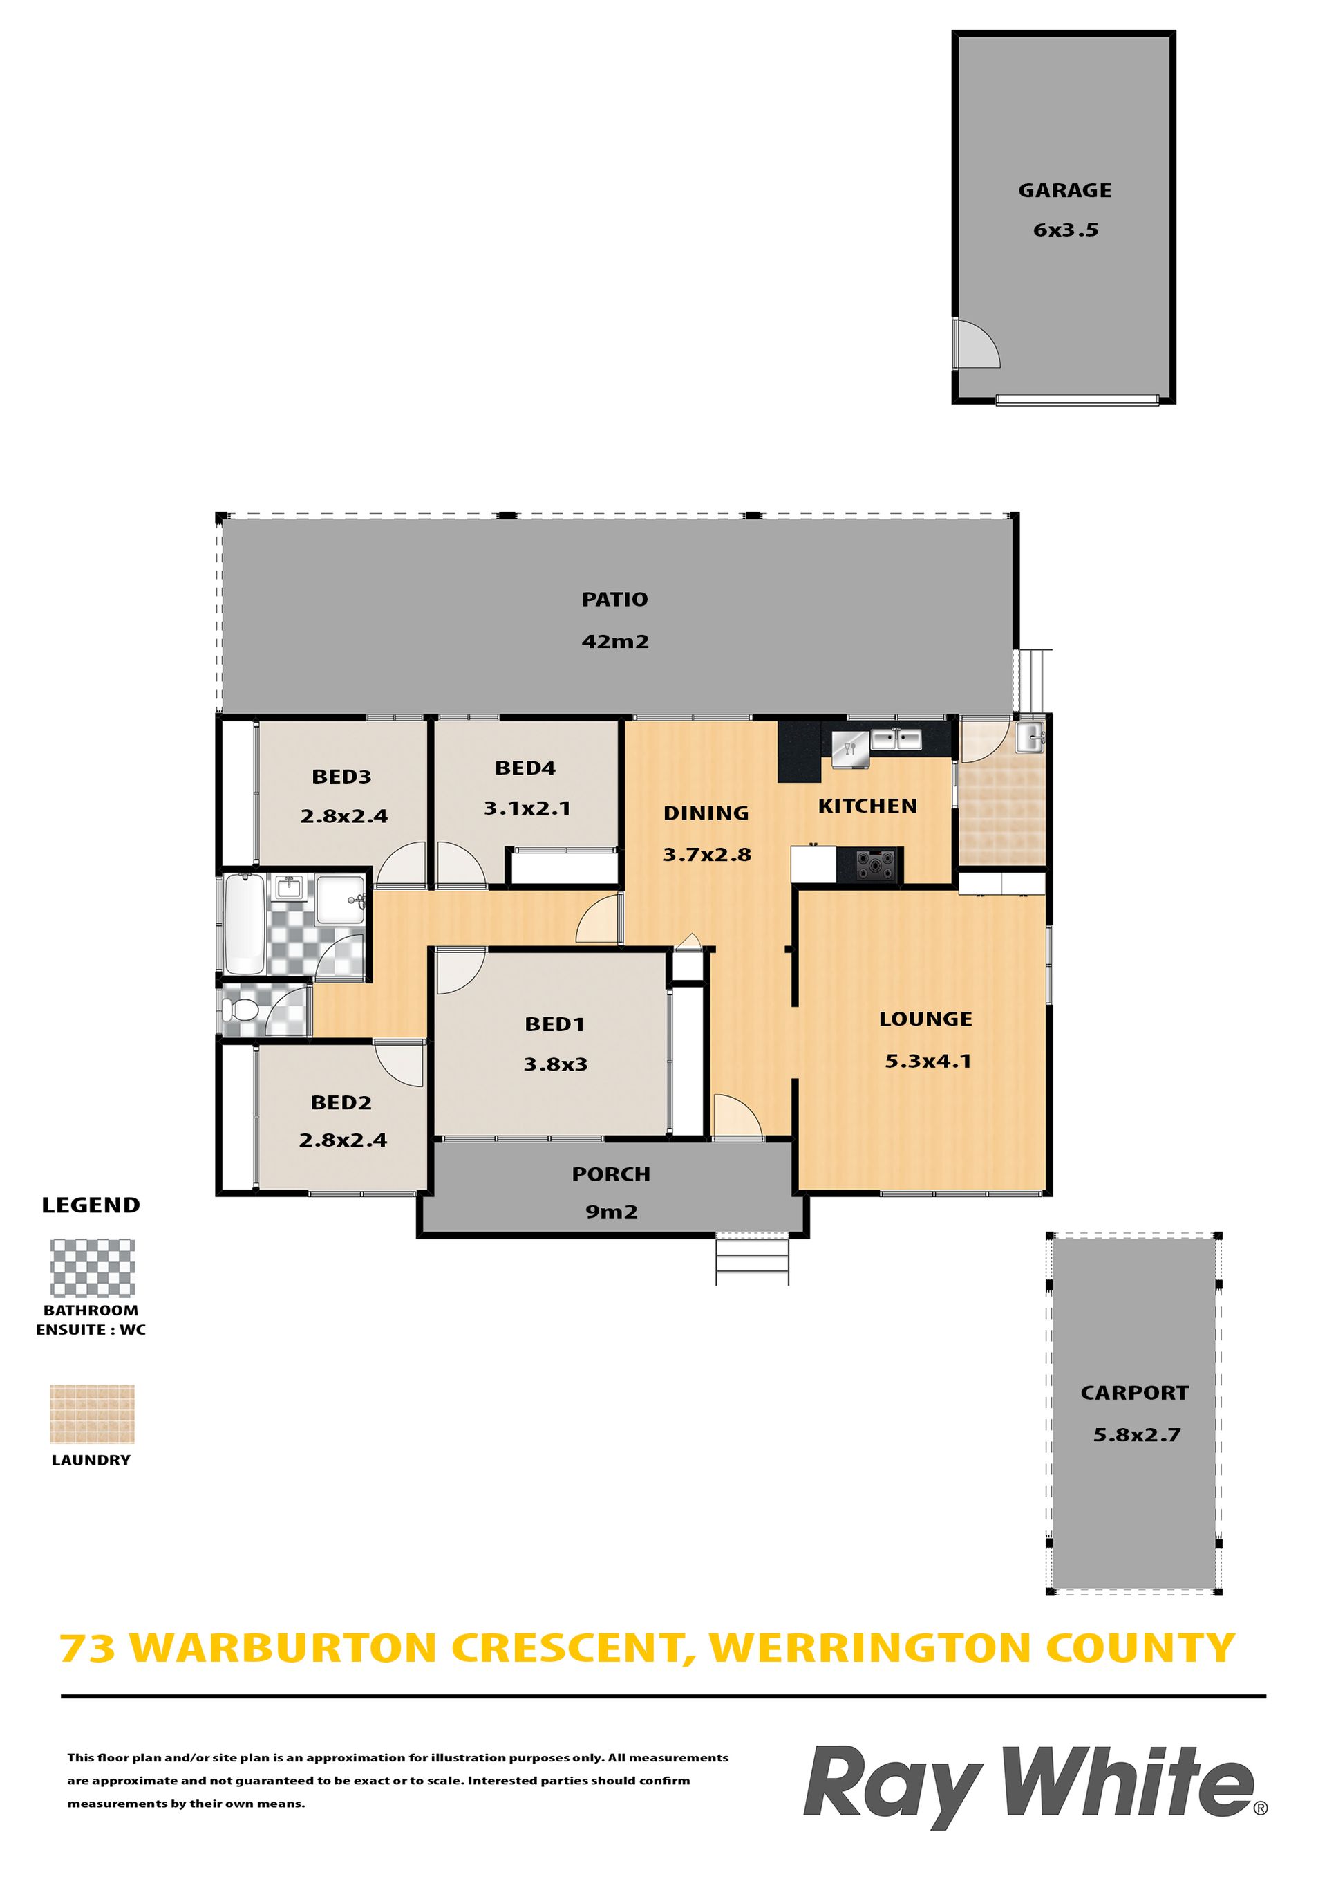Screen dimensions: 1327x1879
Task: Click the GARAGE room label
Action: click(x=1064, y=191)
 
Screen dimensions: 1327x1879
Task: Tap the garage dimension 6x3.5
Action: click(x=1065, y=230)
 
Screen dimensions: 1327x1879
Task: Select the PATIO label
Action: click(x=614, y=600)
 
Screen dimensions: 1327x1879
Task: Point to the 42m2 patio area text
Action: click(x=615, y=642)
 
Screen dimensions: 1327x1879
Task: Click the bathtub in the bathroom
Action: click(x=244, y=924)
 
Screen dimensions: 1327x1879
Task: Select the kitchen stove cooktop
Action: click(x=876, y=864)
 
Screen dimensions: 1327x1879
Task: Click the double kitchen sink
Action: click(x=896, y=739)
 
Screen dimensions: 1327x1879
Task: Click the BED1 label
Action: click(x=555, y=1025)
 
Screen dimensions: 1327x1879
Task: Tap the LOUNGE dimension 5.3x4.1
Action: click(x=928, y=1062)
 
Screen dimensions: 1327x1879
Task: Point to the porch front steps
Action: click(x=752, y=1259)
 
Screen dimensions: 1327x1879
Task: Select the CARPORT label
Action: click(x=1134, y=1393)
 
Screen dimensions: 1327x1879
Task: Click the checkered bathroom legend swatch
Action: click(x=93, y=1268)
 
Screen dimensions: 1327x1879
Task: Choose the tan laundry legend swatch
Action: click(x=92, y=1414)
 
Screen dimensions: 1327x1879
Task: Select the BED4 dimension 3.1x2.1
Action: click(x=527, y=808)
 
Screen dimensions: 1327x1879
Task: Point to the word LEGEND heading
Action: click(x=91, y=1205)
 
